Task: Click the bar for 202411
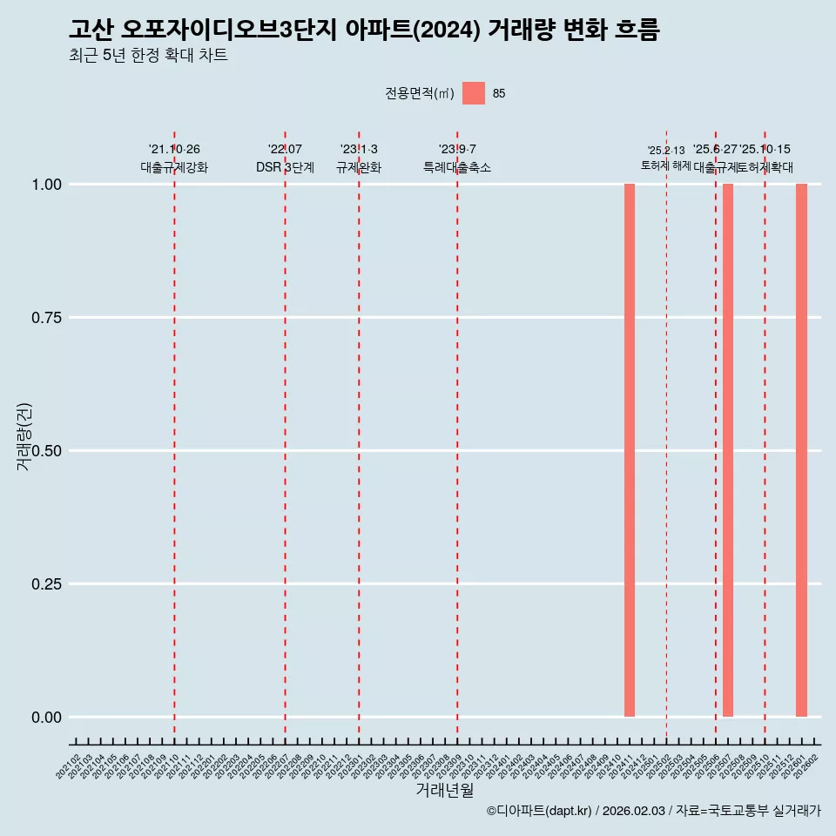tap(630, 450)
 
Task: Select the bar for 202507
tap(728, 450)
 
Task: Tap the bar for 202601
tap(801, 450)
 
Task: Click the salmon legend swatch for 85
tap(474, 93)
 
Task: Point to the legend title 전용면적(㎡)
tap(420, 94)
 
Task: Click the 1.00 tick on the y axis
tap(47, 185)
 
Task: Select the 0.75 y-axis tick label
tap(47, 318)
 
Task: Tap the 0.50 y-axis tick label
tap(47, 451)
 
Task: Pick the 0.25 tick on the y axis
tap(47, 584)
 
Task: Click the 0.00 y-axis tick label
tap(47, 718)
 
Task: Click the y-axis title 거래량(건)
tap(24, 436)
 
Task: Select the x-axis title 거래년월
tap(445, 790)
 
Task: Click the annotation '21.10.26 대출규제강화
tap(174, 158)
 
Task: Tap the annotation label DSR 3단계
tap(285, 167)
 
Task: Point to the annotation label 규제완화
tap(359, 167)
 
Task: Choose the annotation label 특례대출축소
tap(457, 167)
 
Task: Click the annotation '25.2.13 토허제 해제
tap(666, 158)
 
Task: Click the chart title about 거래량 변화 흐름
tap(364, 30)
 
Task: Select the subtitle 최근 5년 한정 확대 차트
tap(148, 56)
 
